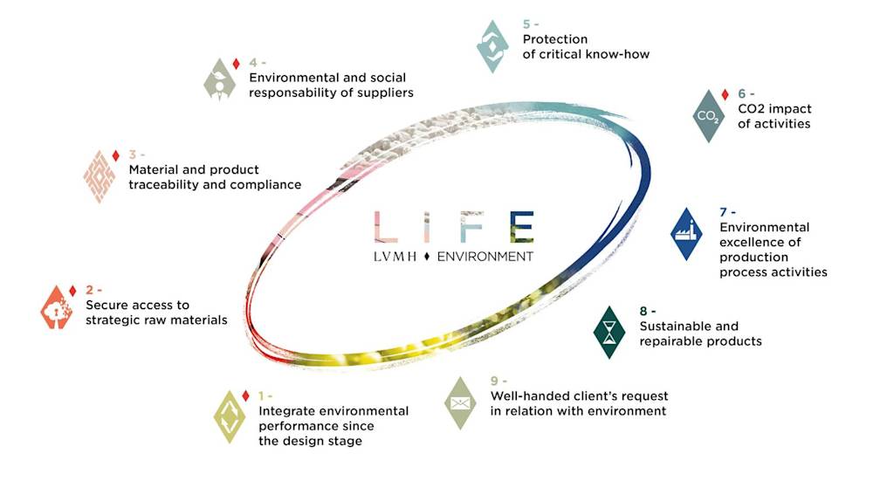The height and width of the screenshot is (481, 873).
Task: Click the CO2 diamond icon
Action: tap(708, 116)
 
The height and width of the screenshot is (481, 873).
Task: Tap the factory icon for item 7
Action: tap(686, 234)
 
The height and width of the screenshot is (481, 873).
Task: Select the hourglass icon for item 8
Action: tap(609, 332)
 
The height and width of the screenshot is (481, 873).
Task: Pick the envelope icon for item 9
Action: tap(460, 403)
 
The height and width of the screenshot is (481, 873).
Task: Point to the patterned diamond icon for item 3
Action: tap(100, 176)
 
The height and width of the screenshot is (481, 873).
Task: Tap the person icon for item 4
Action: tap(219, 79)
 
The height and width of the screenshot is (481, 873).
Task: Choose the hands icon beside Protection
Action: tap(492, 46)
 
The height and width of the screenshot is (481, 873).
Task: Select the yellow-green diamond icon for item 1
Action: tap(230, 417)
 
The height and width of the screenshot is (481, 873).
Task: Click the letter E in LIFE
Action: tap(523, 227)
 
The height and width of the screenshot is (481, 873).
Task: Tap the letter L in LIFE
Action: tap(385, 227)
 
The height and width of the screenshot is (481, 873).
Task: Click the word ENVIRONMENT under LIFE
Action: tap(485, 257)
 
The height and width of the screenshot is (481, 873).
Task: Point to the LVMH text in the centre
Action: tap(395, 257)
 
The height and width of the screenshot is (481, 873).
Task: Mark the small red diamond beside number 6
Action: tap(725, 94)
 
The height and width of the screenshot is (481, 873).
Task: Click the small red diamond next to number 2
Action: tap(72, 291)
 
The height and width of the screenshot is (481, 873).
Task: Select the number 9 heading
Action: tap(498, 381)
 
